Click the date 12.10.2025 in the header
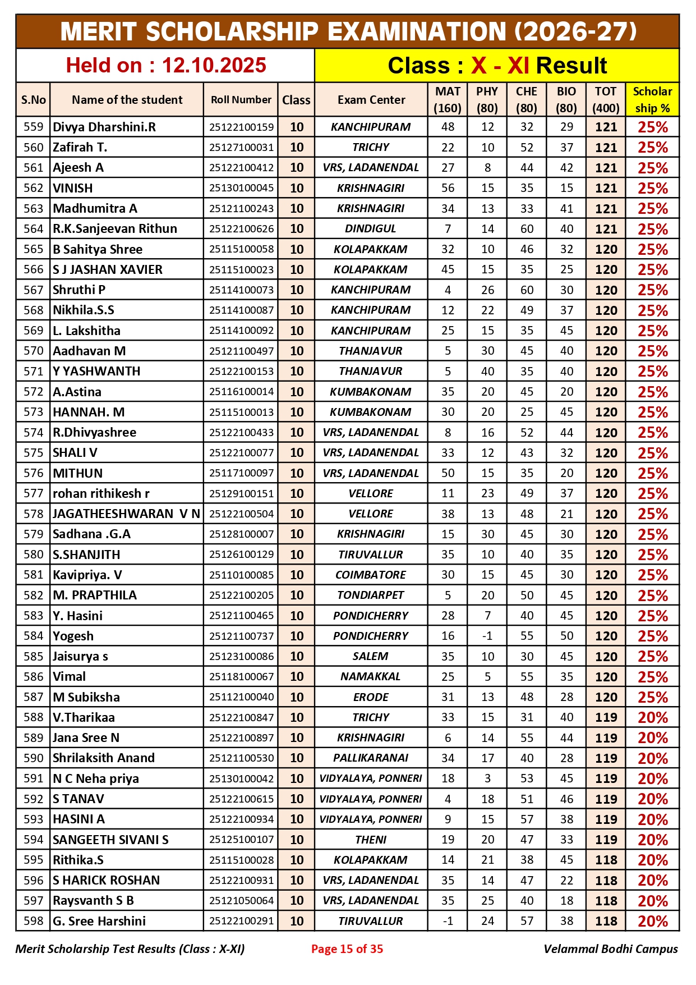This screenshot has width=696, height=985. (x=214, y=66)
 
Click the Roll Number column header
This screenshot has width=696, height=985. (x=241, y=100)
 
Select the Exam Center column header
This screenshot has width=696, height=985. (x=371, y=100)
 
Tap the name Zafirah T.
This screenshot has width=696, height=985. (x=80, y=148)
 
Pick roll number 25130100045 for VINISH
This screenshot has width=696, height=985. (x=241, y=188)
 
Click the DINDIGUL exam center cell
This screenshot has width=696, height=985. (x=371, y=229)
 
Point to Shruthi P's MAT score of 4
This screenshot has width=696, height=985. (x=448, y=290)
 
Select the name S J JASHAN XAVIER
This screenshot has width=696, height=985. (x=108, y=269)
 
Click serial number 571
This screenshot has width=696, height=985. (x=33, y=372)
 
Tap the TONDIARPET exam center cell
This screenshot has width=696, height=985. (x=371, y=595)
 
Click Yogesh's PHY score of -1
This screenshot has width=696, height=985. (x=487, y=636)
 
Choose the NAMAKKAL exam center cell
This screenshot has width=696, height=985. (x=371, y=677)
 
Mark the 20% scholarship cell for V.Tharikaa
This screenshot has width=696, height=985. (x=652, y=718)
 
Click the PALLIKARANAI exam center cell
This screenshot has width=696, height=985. (x=371, y=758)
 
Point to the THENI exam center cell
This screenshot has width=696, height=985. (x=371, y=840)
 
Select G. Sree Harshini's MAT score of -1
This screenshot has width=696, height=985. (x=448, y=921)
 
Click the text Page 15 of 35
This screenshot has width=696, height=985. (x=347, y=949)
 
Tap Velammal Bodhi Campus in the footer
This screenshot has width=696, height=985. (x=610, y=949)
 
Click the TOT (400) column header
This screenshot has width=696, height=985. (x=606, y=100)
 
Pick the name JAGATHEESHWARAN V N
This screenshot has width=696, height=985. (x=126, y=514)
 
